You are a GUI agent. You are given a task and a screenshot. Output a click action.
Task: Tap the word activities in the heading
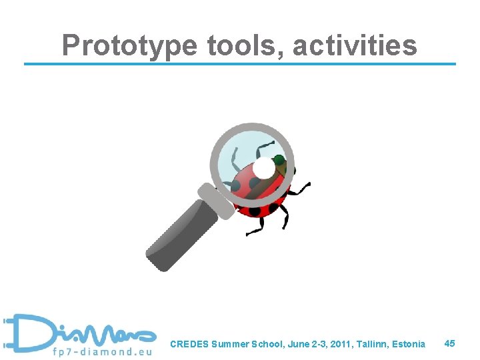(x=355, y=45)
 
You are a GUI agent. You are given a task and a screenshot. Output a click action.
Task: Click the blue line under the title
(x=240, y=64)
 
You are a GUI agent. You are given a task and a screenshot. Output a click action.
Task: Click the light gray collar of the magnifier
(x=215, y=200)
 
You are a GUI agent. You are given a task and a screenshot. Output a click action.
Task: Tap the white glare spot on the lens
(x=264, y=169)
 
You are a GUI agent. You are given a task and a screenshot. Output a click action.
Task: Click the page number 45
(x=449, y=343)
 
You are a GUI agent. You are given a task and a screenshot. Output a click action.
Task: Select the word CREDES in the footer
(x=189, y=345)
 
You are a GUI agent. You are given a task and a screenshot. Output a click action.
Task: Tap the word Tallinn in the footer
(x=369, y=345)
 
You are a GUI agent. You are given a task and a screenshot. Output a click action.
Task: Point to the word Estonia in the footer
(x=407, y=345)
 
